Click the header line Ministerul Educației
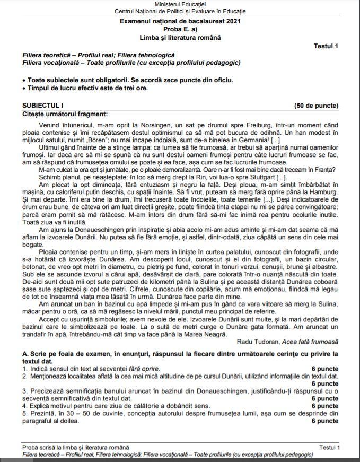(x=180, y=4)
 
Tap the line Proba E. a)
(x=180, y=29)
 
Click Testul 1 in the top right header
(x=326, y=46)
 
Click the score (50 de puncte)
(x=316, y=106)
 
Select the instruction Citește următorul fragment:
(x=65, y=114)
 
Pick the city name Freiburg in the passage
(x=257, y=124)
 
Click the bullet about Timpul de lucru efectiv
(x=87, y=88)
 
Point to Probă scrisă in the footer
(x=39, y=448)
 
